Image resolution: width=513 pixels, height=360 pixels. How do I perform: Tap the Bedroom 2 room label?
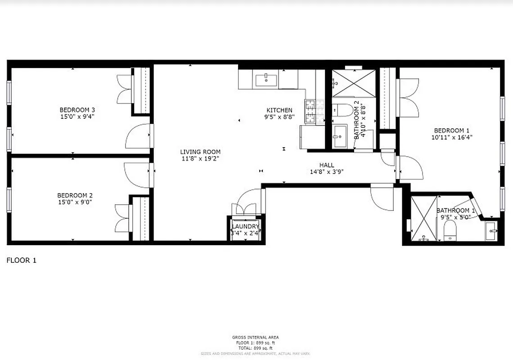[75, 195]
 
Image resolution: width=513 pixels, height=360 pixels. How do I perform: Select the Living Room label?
[200, 152]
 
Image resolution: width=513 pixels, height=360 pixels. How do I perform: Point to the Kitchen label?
[279, 110]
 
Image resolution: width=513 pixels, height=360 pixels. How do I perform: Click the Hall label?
[327, 165]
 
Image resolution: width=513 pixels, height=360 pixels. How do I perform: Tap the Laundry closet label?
[246, 226]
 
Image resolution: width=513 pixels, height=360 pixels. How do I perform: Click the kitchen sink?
[267, 80]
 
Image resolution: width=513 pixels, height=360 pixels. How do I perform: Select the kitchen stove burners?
[311, 112]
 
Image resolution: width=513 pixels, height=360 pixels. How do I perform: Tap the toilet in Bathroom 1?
[450, 231]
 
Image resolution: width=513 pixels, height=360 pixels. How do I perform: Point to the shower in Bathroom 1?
[423, 218]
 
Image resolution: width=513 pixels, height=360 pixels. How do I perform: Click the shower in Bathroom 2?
[353, 83]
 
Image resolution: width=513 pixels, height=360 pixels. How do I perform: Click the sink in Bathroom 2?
[340, 134]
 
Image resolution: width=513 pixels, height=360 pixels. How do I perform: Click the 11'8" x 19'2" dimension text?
[200, 158]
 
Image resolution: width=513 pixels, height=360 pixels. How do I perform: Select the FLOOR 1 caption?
[21, 260]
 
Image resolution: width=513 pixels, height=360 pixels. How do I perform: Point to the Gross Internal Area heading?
[255, 337]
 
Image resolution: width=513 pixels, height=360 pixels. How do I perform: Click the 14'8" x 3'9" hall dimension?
[327, 171]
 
